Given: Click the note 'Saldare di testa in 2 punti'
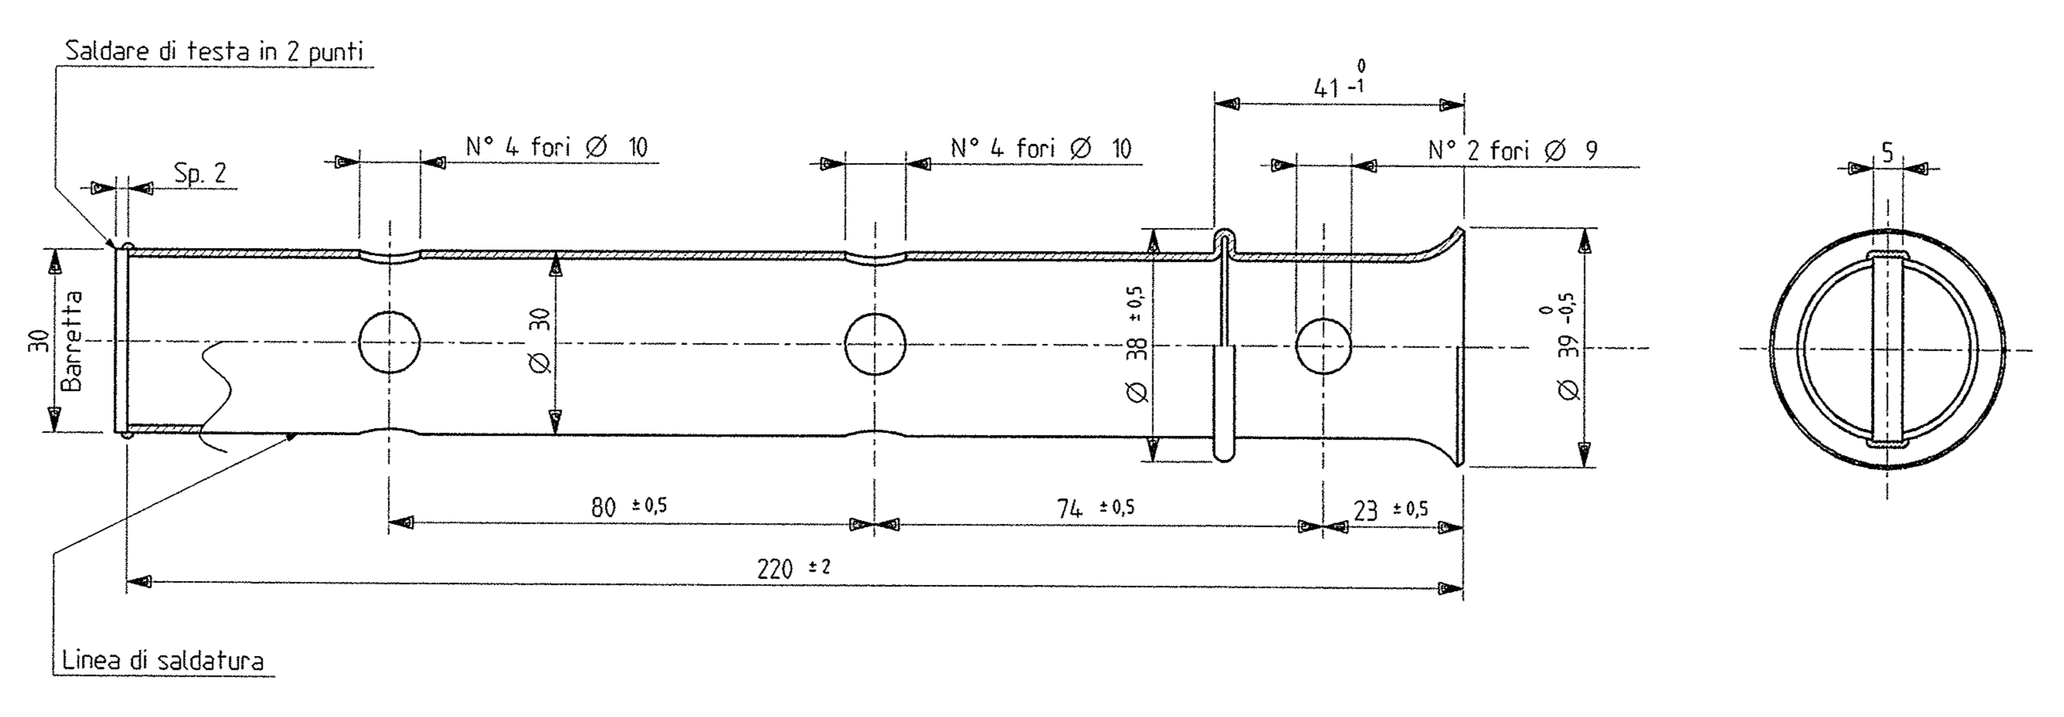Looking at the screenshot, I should click(x=214, y=52).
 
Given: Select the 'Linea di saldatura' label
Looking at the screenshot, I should click(x=163, y=661).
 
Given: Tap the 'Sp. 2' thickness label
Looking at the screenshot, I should click(x=199, y=173).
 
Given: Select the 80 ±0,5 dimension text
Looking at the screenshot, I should click(x=628, y=506).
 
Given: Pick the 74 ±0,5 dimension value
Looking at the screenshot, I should click(x=1095, y=508).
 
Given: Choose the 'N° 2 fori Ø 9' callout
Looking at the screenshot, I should click(x=1512, y=151).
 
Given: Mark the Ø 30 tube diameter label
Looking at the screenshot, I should click(x=541, y=341).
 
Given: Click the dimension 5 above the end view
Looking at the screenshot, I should click(x=1887, y=152).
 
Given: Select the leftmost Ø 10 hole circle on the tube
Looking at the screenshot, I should click(x=389, y=343).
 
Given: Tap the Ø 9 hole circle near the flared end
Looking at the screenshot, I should click(x=1324, y=347).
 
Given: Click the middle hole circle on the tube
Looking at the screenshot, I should click(x=875, y=345).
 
